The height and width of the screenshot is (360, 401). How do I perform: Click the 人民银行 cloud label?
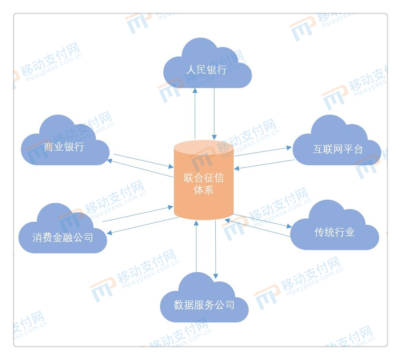click(206, 70)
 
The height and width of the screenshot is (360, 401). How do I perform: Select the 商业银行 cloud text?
click(64, 147)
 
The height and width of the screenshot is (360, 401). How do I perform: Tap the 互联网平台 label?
click(338, 149)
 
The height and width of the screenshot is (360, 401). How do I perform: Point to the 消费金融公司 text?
click(63, 238)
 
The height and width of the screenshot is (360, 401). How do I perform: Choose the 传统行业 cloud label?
click(335, 232)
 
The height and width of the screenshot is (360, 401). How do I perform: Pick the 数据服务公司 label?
click(204, 305)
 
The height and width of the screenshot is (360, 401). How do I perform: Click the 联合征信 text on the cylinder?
click(204, 178)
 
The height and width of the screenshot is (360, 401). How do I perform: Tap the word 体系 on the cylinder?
click(204, 190)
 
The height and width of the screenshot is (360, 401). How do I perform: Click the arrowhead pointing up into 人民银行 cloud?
click(195, 90)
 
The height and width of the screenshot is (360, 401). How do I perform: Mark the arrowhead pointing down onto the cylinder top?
click(214, 137)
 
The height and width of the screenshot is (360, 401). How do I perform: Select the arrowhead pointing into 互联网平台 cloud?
click(289, 148)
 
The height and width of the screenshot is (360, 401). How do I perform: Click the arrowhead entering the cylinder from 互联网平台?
click(237, 168)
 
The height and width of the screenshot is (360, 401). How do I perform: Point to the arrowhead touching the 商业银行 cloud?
click(110, 161)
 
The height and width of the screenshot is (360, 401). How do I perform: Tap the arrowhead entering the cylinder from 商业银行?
click(171, 167)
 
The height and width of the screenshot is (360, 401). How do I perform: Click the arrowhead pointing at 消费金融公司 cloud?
click(110, 233)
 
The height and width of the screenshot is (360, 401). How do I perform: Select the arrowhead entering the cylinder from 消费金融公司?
click(171, 207)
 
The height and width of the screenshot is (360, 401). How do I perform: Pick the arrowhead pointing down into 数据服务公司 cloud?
click(216, 277)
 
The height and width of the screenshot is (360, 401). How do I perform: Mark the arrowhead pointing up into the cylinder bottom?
click(196, 223)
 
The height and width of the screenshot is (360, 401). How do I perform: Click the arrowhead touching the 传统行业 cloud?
click(289, 226)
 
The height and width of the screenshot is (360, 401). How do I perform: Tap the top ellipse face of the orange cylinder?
click(204, 147)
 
